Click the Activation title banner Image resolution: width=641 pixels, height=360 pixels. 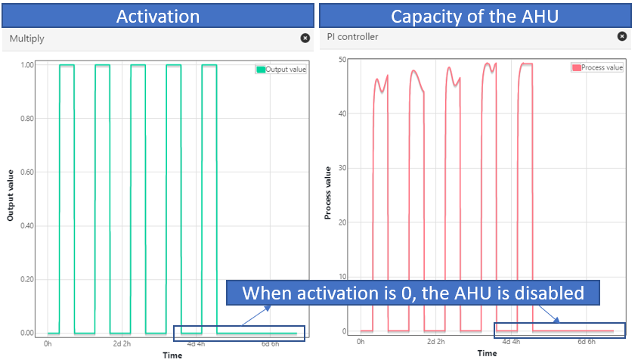[158, 15]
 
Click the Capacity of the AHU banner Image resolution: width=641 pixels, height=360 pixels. [474, 15]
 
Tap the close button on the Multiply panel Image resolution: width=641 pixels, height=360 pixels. [305, 38]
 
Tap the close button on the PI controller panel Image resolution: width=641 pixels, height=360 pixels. [621, 36]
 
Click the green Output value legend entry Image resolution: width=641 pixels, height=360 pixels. [281, 70]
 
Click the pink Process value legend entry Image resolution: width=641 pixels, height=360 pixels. [596, 67]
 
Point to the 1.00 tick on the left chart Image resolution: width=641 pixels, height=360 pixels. [26, 65]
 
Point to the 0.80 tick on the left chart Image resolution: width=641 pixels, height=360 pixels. [26, 119]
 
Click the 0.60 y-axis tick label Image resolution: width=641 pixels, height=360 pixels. [26, 172]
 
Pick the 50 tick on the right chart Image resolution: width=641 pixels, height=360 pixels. [342, 60]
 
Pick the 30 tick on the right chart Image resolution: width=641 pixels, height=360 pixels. [342, 169]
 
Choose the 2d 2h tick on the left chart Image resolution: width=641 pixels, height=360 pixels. [122, 343]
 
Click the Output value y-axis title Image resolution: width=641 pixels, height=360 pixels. [11, 199]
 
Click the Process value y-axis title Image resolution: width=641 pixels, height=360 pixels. [328, 193]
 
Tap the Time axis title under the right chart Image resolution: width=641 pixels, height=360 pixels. [487, 353]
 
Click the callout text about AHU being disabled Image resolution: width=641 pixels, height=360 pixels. [413, 293]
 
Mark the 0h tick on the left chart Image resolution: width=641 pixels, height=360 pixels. [48, 343]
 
